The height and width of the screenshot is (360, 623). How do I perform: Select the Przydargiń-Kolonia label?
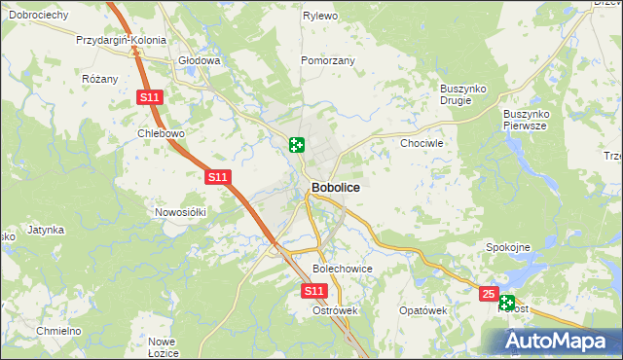[122, 41]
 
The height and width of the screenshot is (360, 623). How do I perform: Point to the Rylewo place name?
[319, 17]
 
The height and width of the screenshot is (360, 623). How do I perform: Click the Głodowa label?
[200, 60]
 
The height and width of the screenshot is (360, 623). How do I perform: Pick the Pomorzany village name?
[328, 60]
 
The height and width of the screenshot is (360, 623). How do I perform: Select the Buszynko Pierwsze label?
[526, 120]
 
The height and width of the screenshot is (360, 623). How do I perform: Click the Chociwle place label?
[422, 143]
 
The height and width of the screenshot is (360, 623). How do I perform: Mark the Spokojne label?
[507, 247]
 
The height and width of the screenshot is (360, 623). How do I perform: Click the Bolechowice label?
[343, 268]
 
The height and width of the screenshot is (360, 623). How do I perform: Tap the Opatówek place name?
[422, 310]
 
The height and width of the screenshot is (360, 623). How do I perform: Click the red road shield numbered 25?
[489, 293]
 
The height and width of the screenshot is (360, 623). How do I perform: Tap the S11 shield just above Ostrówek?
[312, 291]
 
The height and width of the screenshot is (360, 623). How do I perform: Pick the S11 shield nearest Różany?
[148, 97]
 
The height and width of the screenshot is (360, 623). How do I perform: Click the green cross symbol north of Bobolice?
[296, 146]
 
